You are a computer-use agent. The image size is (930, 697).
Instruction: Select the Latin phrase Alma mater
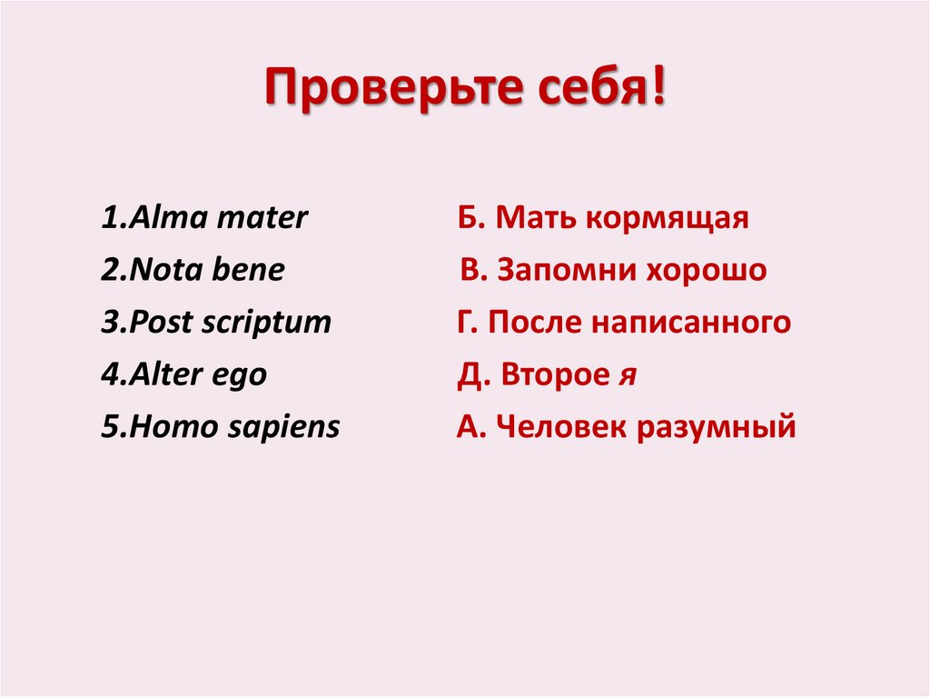tap(218, 218)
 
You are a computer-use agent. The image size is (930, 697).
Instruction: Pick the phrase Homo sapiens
tap(234, 427)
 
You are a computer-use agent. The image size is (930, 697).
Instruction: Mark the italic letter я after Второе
tap(626, 375)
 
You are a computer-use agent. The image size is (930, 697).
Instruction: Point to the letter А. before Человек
tap(469, 427)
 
